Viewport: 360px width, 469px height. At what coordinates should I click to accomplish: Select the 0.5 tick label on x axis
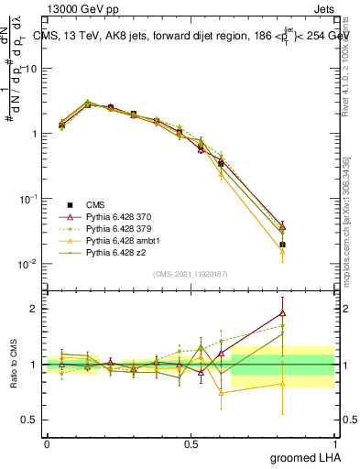pyautogui.click(x=191, y=442)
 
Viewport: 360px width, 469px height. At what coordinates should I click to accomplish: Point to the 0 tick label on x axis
pyautogui.click(x=47, y=442)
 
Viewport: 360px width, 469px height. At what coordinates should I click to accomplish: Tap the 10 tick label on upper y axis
pyautogui.click(x=32, y=69)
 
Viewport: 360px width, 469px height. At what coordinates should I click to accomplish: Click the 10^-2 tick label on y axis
pyautogui.click(x=28, y=264)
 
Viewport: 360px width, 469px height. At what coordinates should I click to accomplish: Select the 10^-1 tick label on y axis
pyautogui.click(x=28, y=199)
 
